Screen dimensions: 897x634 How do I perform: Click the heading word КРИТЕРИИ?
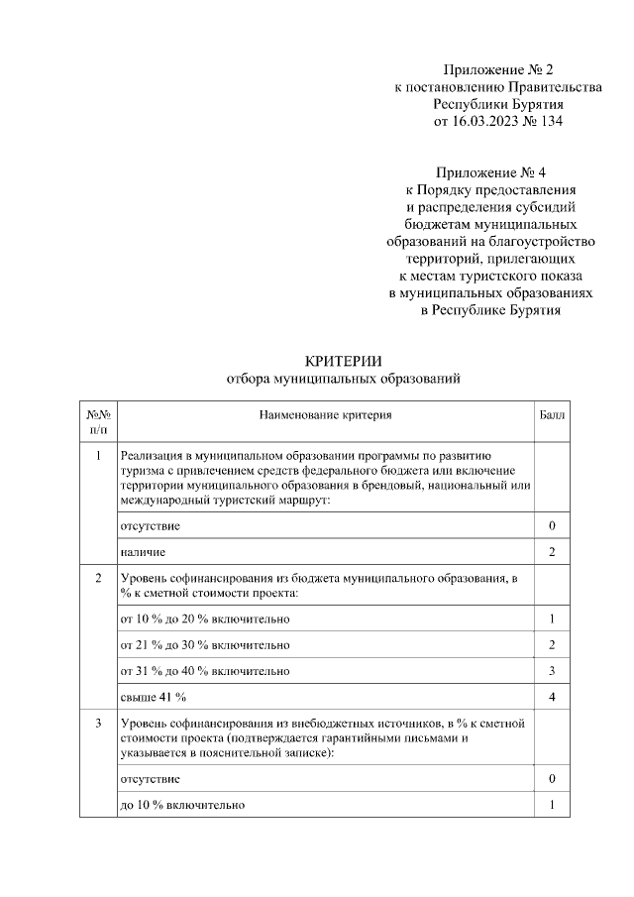[343, 360]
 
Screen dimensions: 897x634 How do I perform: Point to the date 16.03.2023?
[485, 121]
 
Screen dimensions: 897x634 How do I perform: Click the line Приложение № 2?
[497, 70]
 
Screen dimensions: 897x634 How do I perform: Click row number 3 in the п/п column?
[98, 724]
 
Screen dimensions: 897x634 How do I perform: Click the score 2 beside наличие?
[552, 551]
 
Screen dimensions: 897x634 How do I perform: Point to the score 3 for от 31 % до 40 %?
[552, 671]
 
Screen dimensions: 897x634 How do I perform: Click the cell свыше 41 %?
[153, 698]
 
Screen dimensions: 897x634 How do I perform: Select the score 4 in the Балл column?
[552, 698]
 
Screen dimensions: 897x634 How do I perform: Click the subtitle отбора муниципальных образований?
[344, 379]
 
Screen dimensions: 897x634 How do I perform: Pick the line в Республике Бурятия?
[491, 310]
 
